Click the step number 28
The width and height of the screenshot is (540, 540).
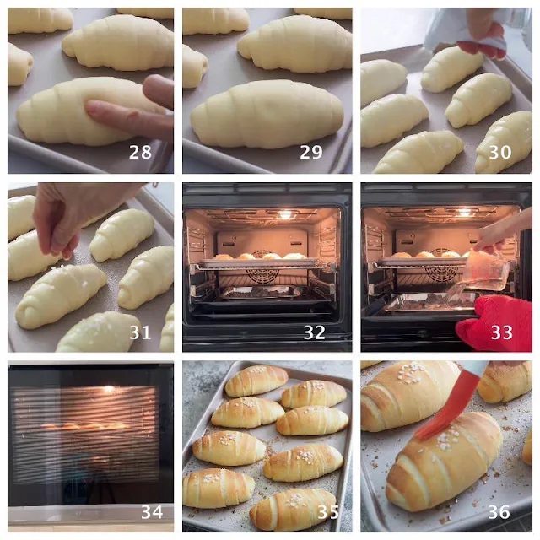[140, 152]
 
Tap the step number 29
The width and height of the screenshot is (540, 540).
[311, 152]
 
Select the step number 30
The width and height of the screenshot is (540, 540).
[500, 152]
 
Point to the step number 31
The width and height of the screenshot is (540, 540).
[140, 332]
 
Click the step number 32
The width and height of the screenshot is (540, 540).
[315, 332]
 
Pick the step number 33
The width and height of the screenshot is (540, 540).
[502, 332]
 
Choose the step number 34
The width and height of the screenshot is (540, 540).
[152, 512]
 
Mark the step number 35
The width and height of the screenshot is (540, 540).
[328, 512]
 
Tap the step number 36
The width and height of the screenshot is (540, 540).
[499, 512]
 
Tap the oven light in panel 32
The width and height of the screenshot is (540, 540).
[285, 213]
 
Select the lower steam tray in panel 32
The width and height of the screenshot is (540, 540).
[261, 293]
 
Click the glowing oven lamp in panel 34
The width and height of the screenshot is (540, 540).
[109, 388]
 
